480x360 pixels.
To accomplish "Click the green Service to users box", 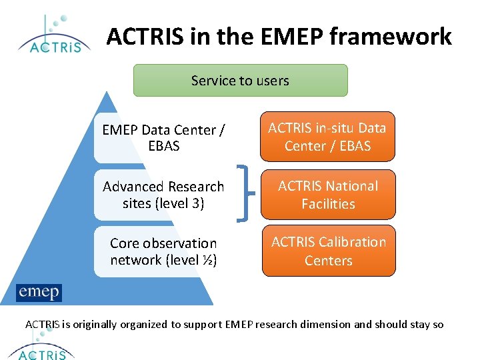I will click(241, 81).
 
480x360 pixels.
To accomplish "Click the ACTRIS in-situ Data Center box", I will click(327, 137).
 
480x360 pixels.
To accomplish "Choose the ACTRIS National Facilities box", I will click(327, 195).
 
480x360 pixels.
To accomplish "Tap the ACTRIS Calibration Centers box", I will click(327, 251).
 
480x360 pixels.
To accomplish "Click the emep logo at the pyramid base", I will click(39, 292).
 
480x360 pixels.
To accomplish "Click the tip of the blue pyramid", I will click(105, 93).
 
